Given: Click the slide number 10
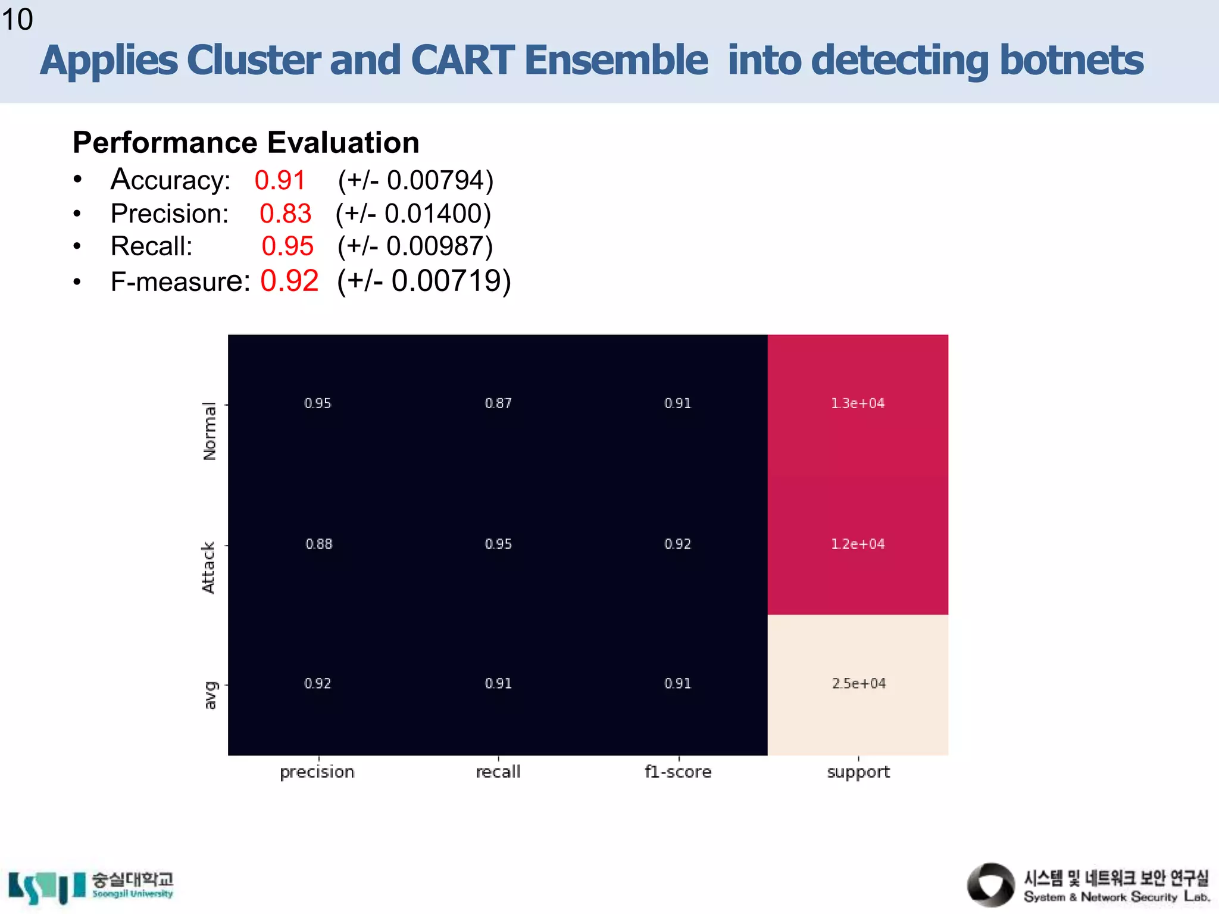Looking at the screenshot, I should click(17, 20).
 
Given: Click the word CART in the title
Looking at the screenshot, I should click(462, 61).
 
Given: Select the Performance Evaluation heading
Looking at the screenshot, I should click(246, 143).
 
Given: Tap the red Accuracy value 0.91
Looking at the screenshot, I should click(280, 180).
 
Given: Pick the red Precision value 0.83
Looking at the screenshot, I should click(285, 214).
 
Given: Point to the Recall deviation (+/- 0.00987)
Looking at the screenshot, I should click(415, 246).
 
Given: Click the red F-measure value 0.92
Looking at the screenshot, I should click(289, 281).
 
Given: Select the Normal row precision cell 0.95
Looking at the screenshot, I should click(317, 403).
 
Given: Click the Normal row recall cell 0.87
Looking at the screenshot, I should click(498, 403).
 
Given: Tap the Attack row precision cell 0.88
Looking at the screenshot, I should click(318, 544).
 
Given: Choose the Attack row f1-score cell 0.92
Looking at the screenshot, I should click(677, 544).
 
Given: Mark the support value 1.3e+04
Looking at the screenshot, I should click(858, 403).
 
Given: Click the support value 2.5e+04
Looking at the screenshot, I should click(858, 684).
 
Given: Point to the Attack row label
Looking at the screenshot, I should click(208, 567).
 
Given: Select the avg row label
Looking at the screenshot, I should click(210, 695).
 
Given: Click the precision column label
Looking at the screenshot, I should click(317, 772).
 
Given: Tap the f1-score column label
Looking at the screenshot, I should click(677, 772).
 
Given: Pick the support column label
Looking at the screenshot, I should click(858, 772).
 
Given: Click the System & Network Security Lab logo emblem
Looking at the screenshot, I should click(990, 885).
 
